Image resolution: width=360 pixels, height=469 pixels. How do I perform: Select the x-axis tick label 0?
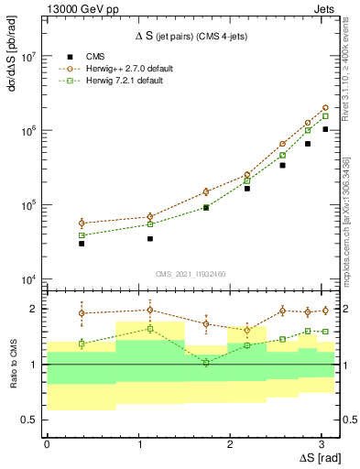(47, 443)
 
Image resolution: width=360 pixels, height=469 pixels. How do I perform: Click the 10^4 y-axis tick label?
(28, 279)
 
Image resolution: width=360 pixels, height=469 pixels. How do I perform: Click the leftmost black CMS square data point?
(82, 244)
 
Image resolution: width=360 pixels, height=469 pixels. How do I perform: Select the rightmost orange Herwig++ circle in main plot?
(325, 107)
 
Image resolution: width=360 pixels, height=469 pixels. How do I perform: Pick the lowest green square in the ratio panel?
(206, 363)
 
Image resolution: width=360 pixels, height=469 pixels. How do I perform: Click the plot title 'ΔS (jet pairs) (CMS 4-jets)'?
(193, 37)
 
